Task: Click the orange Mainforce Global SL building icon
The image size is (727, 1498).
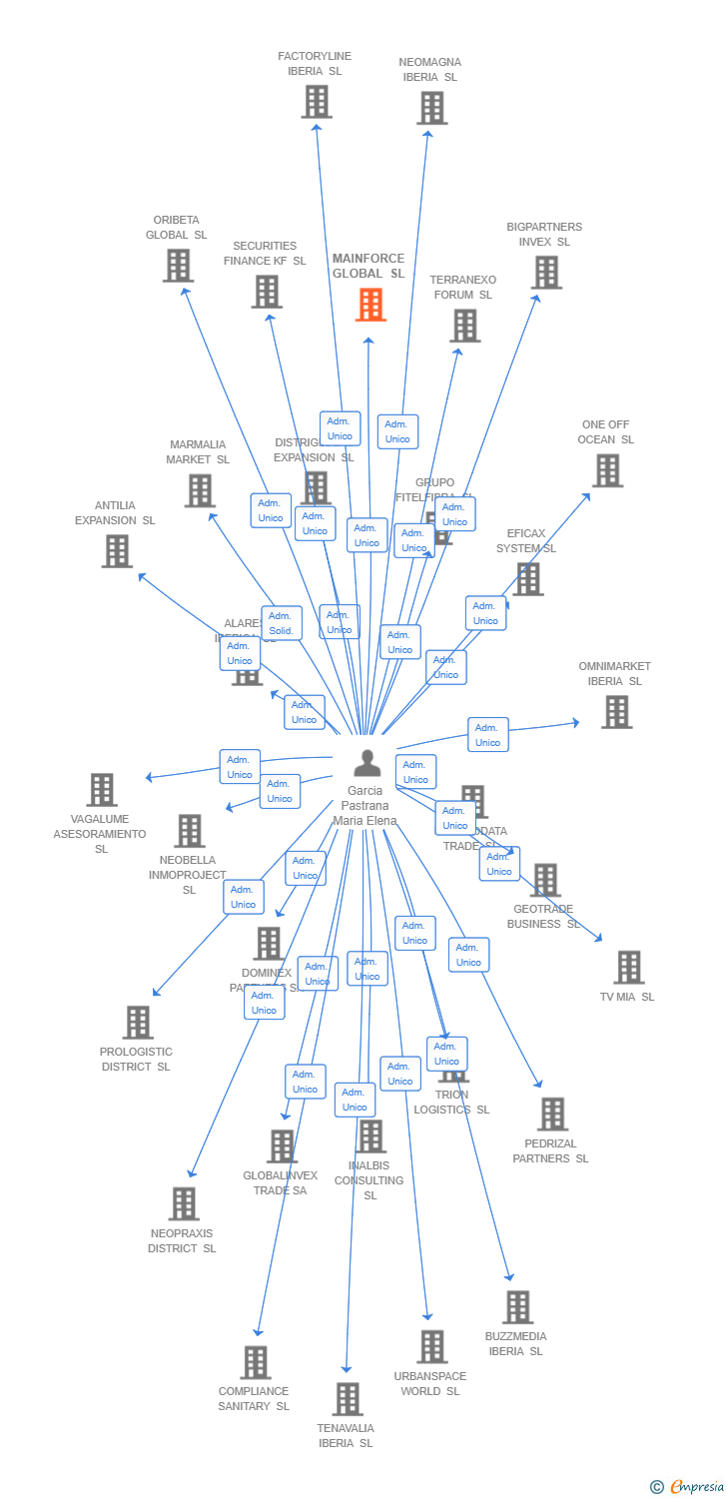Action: [x=370, y=305]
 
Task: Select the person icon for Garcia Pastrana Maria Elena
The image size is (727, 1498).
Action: [x=367, y=763]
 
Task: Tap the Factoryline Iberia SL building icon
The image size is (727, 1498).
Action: [x=317, y=102]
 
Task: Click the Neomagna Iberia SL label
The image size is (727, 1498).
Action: [x=429, y=70]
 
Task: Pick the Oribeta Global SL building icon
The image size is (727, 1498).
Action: [x=178, y=266]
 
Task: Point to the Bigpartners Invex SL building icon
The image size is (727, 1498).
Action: [x=546, y=273]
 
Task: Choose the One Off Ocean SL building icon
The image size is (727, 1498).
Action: [x=607, y=470]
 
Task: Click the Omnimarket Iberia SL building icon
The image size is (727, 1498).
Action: [x=616, y=712]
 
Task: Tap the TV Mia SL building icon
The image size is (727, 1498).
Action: [x=628, y=968]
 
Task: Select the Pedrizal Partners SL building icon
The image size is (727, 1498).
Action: [x=552, y=1115]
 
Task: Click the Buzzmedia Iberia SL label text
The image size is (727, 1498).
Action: [x=515, y=1344]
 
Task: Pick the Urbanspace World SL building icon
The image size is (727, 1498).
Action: [x=431, y=1347]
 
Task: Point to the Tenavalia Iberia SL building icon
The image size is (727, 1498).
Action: [x=347, y=1399]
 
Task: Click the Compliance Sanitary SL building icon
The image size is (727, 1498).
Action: [x=256, y=1362]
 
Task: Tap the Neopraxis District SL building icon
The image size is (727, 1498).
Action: [x=184, y=1204]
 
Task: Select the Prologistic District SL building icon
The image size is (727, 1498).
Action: [x=138, y=1023]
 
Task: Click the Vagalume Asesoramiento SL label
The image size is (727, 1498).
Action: [x=100, y=834]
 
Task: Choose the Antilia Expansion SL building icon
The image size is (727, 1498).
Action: [x=117, y=551]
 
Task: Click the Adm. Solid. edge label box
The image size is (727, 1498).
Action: [x=282, y=623]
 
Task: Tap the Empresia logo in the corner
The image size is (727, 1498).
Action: [x=688, y=1487]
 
